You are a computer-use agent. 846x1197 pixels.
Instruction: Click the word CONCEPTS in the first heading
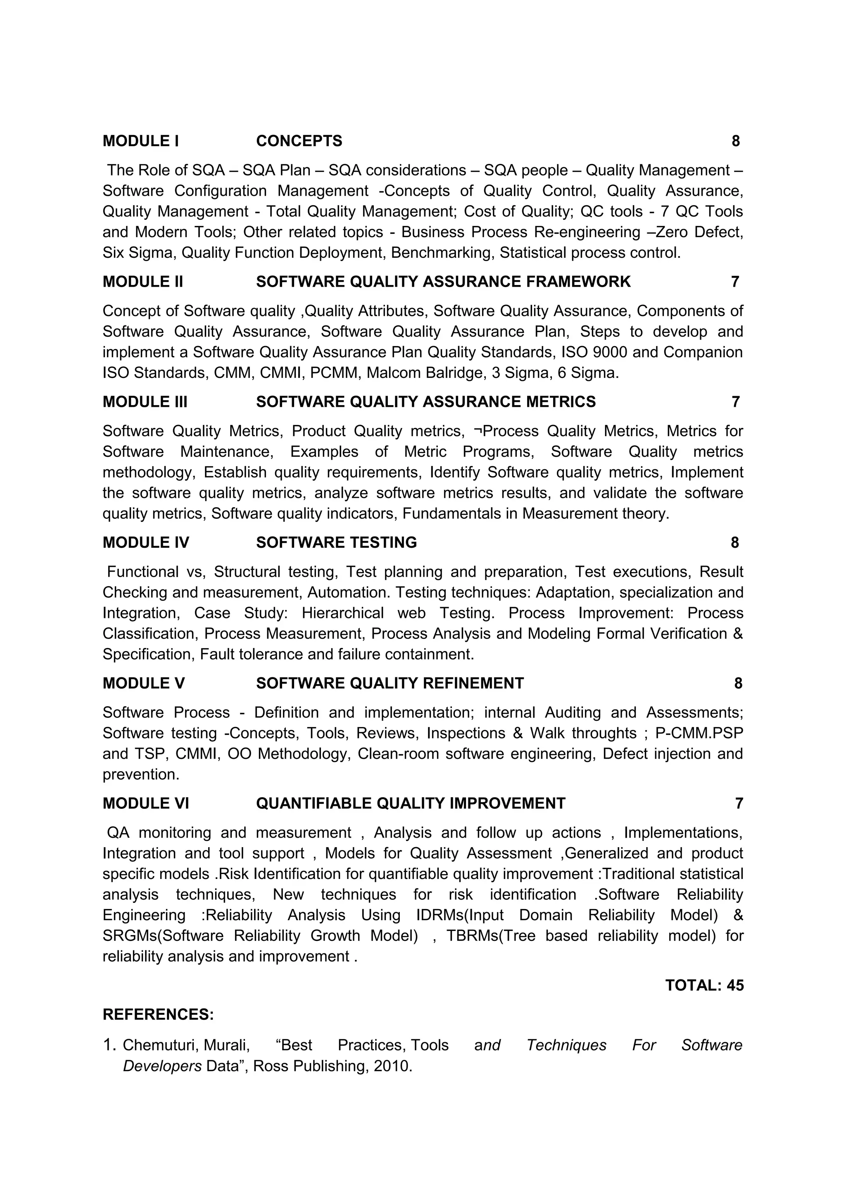click(x=299, y=141)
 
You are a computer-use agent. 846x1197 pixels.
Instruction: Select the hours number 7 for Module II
click(x=734, y=282)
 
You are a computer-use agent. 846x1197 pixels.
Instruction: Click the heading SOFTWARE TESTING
click(x=336, y=542)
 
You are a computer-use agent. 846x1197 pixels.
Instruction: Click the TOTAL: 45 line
click(x=704, y=986)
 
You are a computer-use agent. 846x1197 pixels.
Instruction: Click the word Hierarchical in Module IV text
click(x=342, y=613)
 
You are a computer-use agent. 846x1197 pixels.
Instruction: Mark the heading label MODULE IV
click(x=145, y=542)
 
